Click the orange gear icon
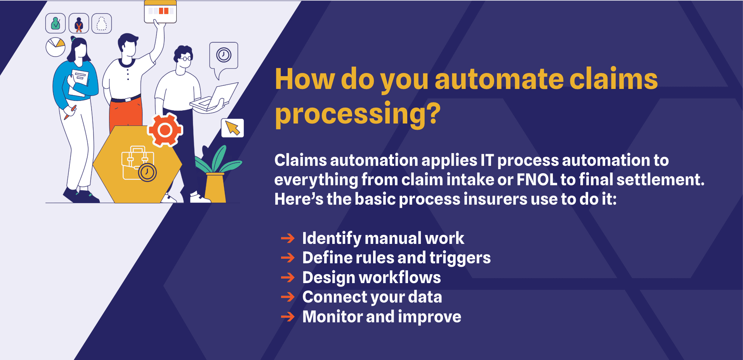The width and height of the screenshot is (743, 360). click(165, 130)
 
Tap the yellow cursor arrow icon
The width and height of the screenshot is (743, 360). click(233, 128)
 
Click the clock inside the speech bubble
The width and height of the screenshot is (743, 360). click(224, 55)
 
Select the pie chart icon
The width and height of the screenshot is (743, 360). click(56, 47)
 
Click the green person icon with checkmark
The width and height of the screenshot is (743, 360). click(56, 23)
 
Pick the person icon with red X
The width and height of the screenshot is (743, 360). click(79, 23)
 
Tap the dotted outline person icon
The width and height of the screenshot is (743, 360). click(102, 23)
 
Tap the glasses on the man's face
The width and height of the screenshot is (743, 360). click(186, 59)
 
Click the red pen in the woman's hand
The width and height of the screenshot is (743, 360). click(70, 112)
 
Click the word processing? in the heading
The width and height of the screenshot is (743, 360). click(358, 113)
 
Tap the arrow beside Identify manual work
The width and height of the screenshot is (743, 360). click(288, 238)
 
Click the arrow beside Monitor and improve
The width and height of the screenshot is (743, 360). click(288, 317)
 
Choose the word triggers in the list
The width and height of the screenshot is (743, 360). click(460, 258)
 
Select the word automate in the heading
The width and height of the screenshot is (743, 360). click(499, 79)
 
